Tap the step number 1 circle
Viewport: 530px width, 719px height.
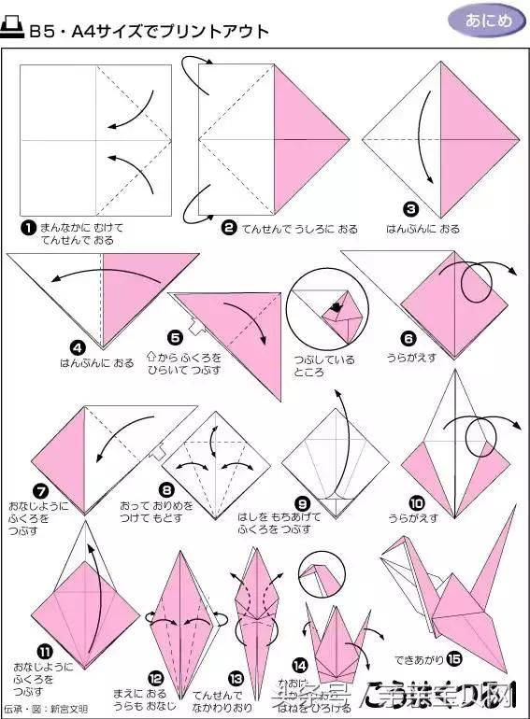(x=29, y=228)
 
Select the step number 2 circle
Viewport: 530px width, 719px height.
(x=228, y=228)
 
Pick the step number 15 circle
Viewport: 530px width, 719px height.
(x=454, y=658)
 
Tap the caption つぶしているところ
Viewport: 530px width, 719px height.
(x=311, y=365)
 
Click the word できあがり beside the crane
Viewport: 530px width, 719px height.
(x=416, y=658)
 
